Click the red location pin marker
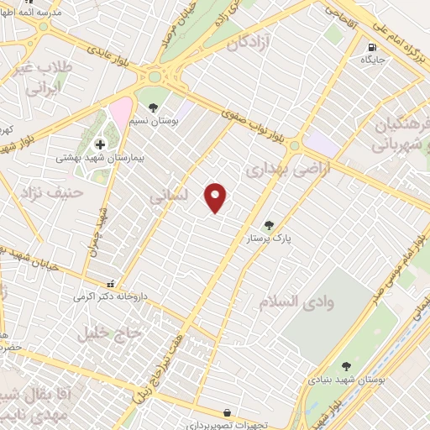coord(217,197)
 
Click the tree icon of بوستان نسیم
coord(154,107)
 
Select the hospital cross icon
coord(100,144)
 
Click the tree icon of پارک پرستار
coord(269,225)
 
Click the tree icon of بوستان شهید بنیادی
coord(346,366)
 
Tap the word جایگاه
coord(372,60)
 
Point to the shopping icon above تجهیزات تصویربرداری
coord(228,412)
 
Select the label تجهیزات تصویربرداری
coord(228,424)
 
